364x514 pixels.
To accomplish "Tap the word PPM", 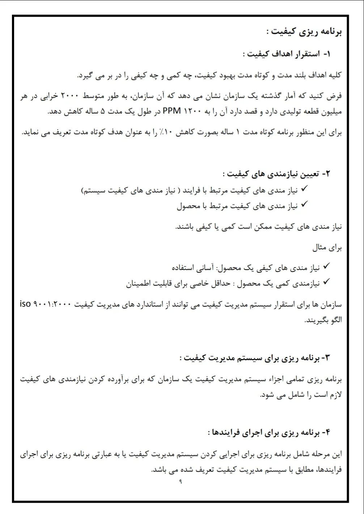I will [172, 111].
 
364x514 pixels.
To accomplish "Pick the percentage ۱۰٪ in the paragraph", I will [164, 132].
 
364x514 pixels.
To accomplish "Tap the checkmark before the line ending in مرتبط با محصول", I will [304, 205].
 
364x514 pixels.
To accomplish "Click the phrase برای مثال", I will [327, 248].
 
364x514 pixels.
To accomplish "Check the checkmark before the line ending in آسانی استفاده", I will [326, 266].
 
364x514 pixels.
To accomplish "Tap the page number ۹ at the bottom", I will [181, 482].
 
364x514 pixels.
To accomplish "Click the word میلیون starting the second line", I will [329, 111].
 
